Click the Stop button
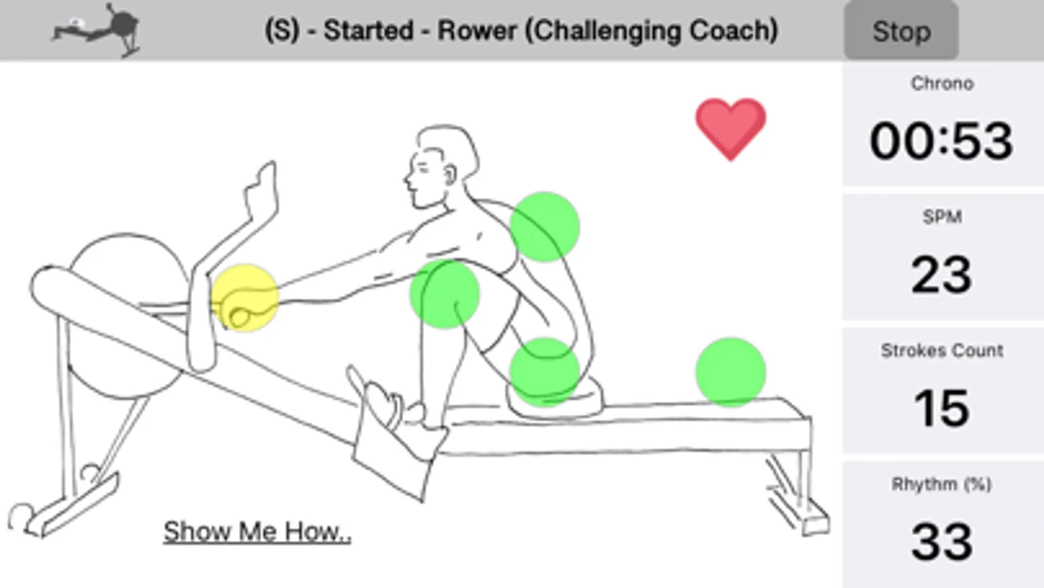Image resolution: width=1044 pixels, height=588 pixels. click(901, 31)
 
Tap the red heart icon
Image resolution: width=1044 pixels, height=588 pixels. click(730, 128)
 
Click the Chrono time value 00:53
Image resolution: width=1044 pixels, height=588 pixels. click(941, 141)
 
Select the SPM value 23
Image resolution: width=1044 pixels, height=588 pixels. click(941, 274)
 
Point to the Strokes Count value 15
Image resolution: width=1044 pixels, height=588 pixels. click(941, 408)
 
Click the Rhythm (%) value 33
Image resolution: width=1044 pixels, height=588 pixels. click(941, 542)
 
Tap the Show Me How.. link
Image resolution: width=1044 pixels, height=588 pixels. click(257, 532)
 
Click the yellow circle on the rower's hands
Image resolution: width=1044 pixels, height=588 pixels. click(245, 298)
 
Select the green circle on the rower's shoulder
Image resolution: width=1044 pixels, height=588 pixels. click(545, 227)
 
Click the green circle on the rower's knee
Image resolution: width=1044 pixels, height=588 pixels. click(445, 294)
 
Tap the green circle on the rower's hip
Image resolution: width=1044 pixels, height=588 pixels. click(545, 372)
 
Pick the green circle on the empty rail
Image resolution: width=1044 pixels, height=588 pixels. click(731, 372)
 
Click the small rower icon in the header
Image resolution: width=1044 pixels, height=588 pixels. click(97, 30)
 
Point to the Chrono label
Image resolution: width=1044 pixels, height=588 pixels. click(941, 84)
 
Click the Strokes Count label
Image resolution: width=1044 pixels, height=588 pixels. click(941, 351)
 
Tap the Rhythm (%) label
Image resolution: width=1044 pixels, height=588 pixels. click(941, 484)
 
